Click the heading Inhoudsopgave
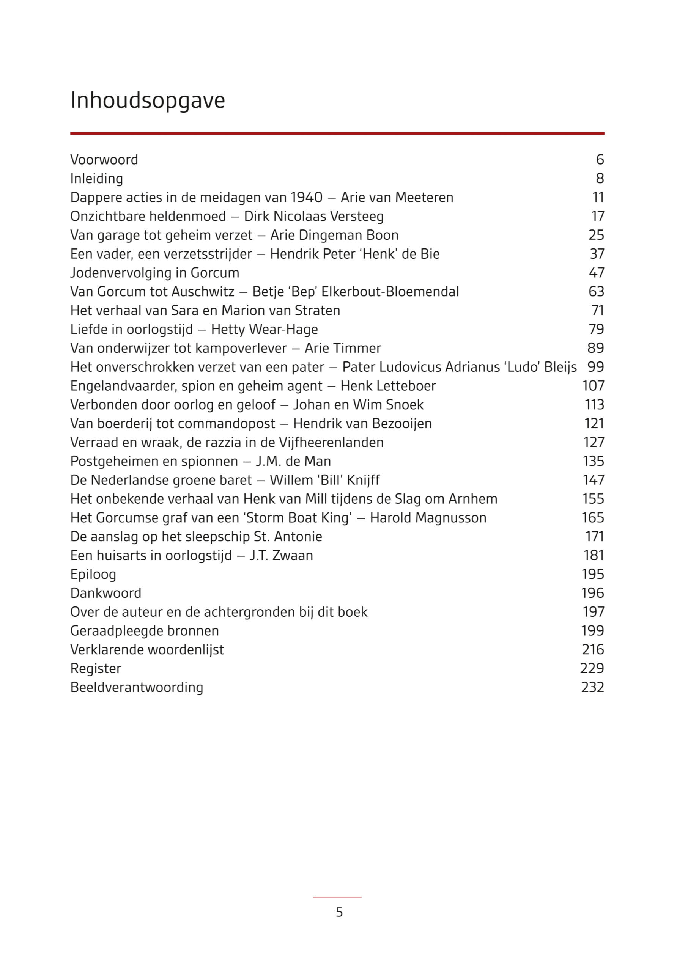(x=147, y=101)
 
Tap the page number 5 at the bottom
(x=339, y=912)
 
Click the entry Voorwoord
(x=104, y=160)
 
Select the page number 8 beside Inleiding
(x=600, y=179)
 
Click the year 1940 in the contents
(x=306, y=198)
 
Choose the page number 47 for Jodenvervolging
(x=596, y=273)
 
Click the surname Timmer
(x=364, y=349)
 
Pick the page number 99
(x=595, y=367)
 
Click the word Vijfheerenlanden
(x=331, y=442)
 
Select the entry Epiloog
(x=93, y=574)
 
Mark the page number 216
(x=592, y=650)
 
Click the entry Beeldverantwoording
(x=137, y=687)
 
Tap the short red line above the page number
(x=337, y=897)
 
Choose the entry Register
(x=96, y=669)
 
